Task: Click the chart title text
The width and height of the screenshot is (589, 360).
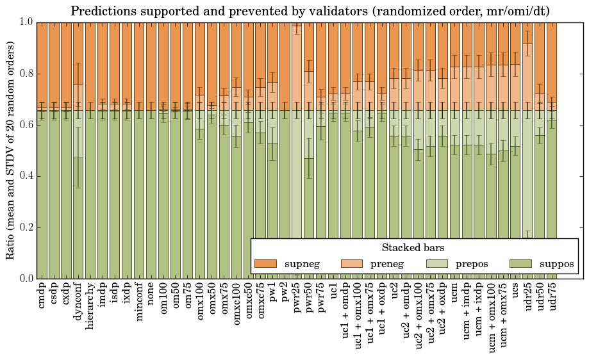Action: (310, 11)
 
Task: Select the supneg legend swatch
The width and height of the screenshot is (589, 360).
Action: (265, 264)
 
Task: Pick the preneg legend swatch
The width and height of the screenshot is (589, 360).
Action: (351, 264)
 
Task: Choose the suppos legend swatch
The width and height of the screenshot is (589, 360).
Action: (522, 264)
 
